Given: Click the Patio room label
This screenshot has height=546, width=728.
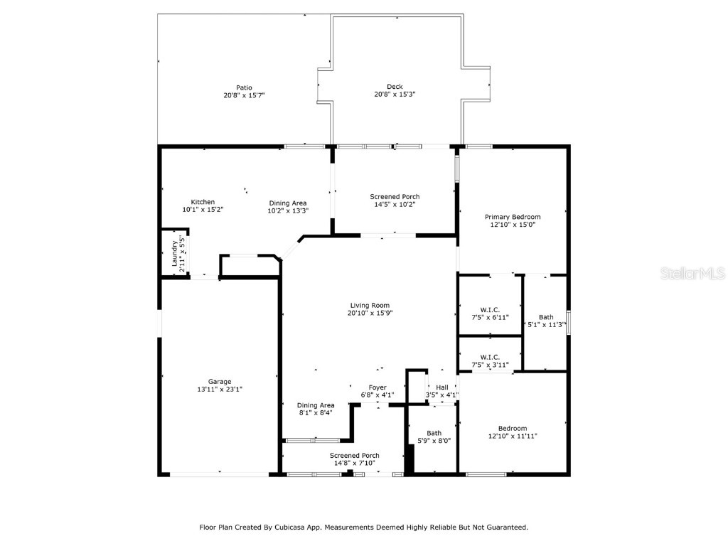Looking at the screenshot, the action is click(245, 87).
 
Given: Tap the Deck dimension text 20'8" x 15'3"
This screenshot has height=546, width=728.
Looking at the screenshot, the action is click(395, 95).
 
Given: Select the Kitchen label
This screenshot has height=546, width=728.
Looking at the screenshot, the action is click(203, 202).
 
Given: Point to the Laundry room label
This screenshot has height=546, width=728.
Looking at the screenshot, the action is click(175, 254).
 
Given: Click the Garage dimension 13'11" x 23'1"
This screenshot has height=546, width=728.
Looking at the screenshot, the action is click(220, 390).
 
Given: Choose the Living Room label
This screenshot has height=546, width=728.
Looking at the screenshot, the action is click(370, 306).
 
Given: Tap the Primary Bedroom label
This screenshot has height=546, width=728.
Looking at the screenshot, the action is click(513, 217).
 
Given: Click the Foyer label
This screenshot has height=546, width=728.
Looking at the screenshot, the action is click(378, 387).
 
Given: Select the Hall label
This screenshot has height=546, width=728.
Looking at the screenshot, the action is click(442, 387).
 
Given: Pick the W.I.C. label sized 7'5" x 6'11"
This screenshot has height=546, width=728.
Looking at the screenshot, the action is click(490, 310).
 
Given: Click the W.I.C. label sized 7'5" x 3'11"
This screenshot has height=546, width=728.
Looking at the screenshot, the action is click(490, 357).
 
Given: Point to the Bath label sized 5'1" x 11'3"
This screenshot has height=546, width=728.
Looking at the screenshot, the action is click(546, 317).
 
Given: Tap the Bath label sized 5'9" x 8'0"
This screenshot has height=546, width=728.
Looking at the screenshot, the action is click(434, 433).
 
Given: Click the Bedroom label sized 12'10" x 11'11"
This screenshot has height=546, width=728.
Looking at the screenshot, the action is click(513, 429).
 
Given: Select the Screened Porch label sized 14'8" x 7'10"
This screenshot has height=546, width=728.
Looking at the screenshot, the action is click(355, 456).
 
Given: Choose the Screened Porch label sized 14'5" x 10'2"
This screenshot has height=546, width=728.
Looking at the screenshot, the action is click(395, 197).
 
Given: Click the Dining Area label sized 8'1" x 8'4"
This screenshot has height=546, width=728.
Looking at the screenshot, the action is click(316, 405).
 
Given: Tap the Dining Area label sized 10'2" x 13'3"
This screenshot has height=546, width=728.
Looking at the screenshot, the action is click(288, 203).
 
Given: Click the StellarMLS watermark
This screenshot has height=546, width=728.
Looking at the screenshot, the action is click(692, 273).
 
